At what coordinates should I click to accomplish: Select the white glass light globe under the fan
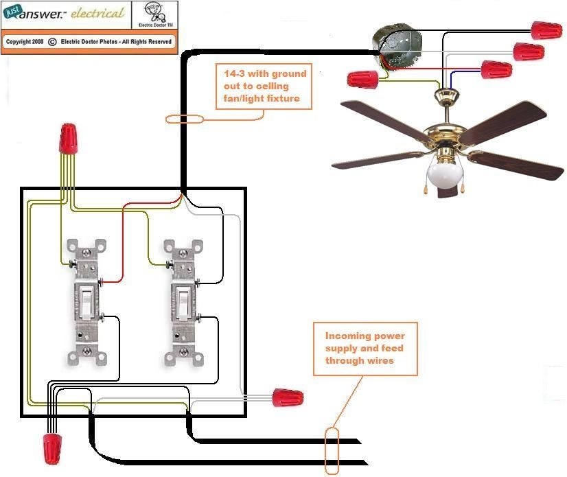tap(445, 175)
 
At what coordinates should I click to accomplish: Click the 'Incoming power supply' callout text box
tap(364, 348)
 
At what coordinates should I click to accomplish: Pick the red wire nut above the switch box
tap(68, 139)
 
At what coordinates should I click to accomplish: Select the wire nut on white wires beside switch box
tap(288, 397)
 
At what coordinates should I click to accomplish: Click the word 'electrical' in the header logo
tap(97, 14)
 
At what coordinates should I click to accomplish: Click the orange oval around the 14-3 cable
tap(185, 119)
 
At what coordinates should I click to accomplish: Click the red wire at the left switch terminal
tap(113, 279)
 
